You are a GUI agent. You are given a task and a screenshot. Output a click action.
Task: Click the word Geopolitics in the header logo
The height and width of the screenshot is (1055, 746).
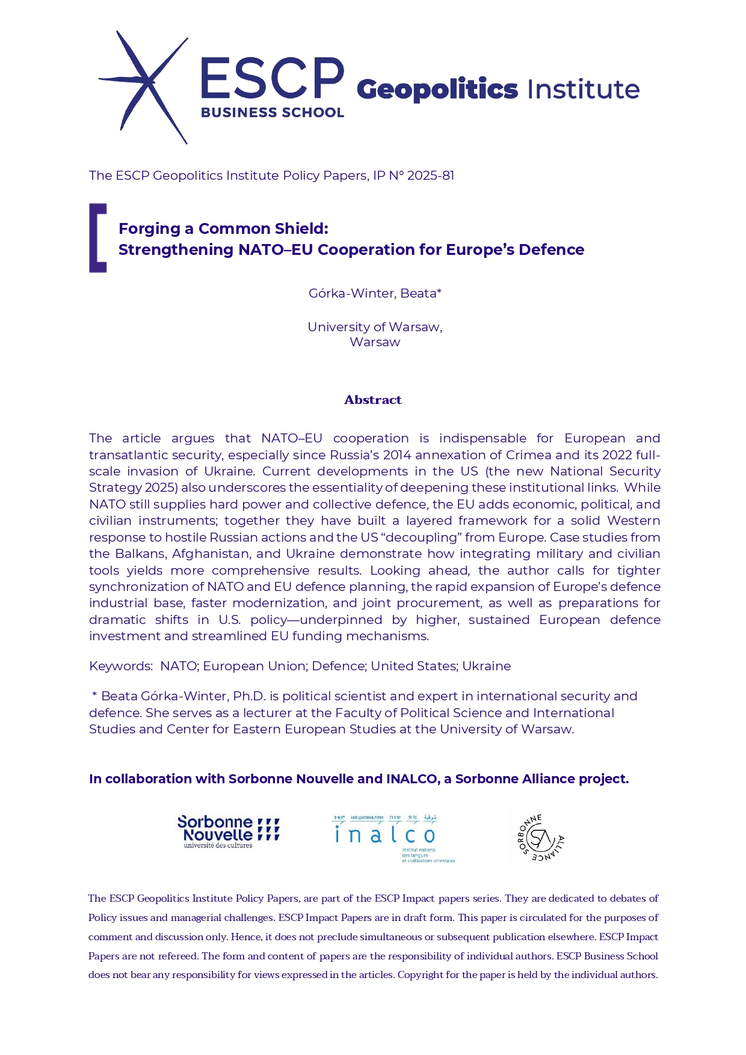click(437, 90)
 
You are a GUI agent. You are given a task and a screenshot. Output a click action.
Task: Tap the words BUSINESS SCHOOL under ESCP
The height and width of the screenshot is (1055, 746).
click(272, 112)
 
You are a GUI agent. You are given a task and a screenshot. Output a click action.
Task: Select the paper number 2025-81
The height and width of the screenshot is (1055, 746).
click(430, 176)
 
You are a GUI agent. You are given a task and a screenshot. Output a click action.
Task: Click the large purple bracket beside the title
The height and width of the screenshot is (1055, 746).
click(97, 238)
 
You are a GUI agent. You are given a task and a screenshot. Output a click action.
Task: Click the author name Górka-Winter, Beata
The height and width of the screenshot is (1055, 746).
click(374, 293)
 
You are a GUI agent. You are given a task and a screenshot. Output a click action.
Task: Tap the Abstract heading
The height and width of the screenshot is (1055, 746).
click(372, 400)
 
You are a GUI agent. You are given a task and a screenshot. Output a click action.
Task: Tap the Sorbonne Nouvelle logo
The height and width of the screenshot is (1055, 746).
click(228, 832)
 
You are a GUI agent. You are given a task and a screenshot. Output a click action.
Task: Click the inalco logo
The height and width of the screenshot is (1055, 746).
click(391, 837)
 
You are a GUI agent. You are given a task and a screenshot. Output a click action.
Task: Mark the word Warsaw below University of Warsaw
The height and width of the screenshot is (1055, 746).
click(374, 342)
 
